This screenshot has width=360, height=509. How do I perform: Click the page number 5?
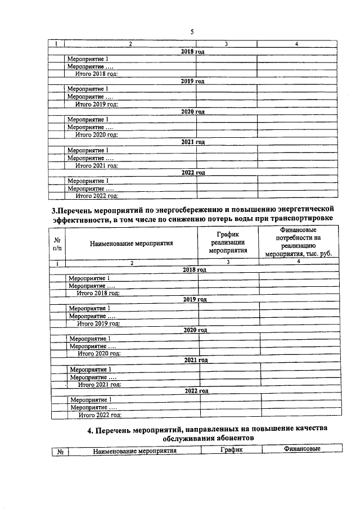tap(192, 31)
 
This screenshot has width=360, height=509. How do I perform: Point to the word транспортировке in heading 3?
tap(296, 219)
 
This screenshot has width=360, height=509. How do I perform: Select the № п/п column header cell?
tap(57, 244)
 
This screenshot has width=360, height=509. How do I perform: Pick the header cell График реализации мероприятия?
tap(228, 243)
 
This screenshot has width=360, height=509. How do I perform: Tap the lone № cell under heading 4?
tap(60, 450)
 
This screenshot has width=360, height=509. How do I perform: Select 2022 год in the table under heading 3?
tap(196, 390)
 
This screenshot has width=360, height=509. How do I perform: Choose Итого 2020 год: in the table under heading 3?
tap(100, 354)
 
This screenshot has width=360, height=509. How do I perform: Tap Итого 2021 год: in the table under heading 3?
tap(100, 385)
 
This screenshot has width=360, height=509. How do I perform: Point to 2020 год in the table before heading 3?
tap(192, 112)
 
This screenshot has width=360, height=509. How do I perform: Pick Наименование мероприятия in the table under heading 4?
tap(135, 450)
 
